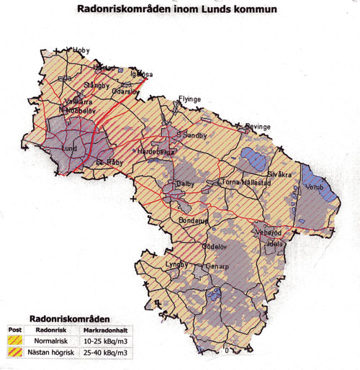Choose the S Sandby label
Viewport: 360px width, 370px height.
[194, 134]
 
